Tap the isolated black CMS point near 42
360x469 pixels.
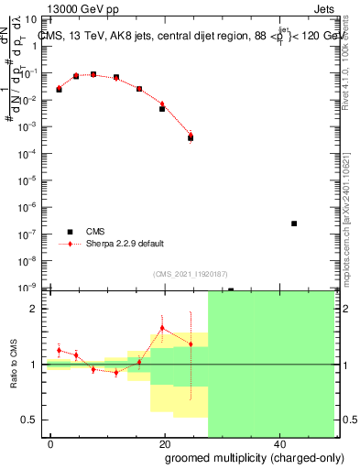pyautogui.click(x=293, y=224)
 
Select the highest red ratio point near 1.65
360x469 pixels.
pyautogui.click(x=162, y=327)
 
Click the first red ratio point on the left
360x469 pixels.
pyautogui.click(x=59, y=350)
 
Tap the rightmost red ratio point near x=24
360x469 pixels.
pyautogui.click(x=191, y=344)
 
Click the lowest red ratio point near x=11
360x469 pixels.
pyautogui.click(x=116, y=372)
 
